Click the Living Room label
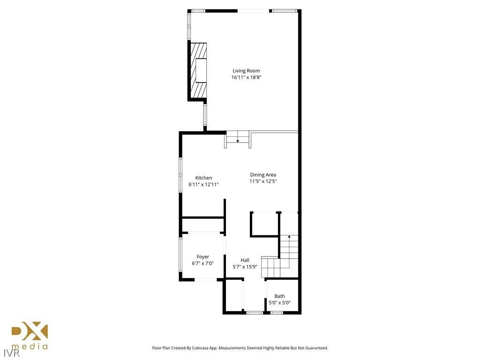coord(246,71)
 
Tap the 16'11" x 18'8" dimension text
coord(246,77)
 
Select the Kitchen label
coord(203,178)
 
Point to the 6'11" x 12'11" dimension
coord(203,184)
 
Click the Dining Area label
coord(263,175)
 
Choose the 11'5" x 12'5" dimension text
coord(263,181)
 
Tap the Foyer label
coord(202,257)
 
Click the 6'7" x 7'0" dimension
coord(202,263)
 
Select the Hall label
coord(245,260)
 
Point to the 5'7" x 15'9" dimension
coord(245,267)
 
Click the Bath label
coord(279,296)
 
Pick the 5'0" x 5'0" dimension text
coord(279,303)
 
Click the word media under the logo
coord(30,347)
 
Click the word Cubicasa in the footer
coord(202,348)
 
